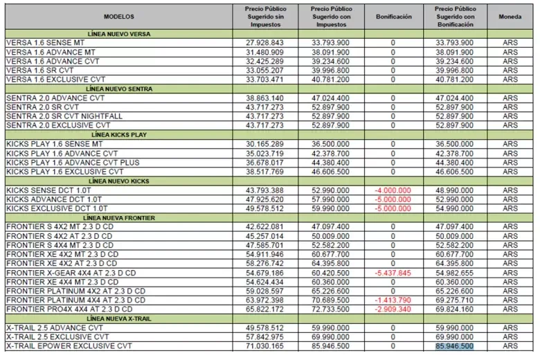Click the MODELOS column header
pyautogui.click(x=119, y=15)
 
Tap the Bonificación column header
pyautogui.click(x=393, y=15)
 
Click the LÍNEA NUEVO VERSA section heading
pyautogui.click(x=119, y=33)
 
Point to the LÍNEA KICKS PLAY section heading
pyautogui.click(x=119, y=134)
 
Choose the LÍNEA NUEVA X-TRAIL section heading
pyautogui.click(x=119, y=318)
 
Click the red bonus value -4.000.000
pyautogui.click(x=393, y=190)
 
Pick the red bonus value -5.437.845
pyautogui.click(x=393, y=273)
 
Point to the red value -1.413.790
pyautogui.click(x=393, y=300)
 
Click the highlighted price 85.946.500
pyautogui.click(x=454, y=345)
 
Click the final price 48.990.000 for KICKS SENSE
pyautogui.click(x=454, y=190)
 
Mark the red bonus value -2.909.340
pyautogui.click(x=393, y=309)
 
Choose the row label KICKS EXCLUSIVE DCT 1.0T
pyautogui.click(x=57, y=208)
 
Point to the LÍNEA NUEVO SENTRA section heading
pyautogui.click(x=119, y=89)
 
